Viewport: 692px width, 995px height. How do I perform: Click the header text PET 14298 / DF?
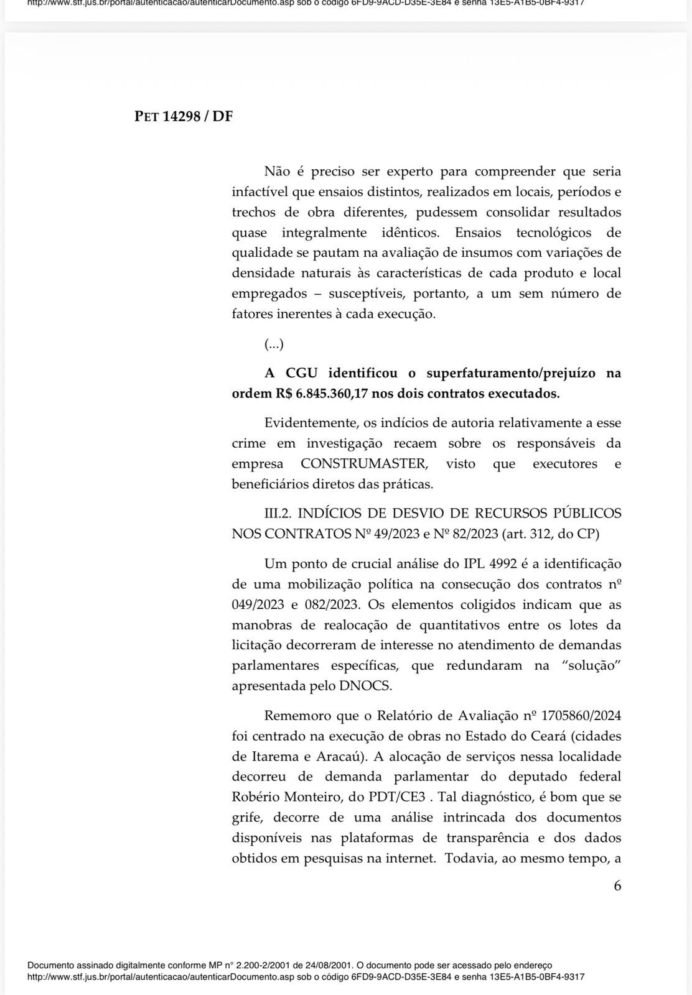tap(184, 116)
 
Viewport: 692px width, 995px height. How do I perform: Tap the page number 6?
tap(617, 886)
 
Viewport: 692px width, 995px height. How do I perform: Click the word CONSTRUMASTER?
tap(364, 464)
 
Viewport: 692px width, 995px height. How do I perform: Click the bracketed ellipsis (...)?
tap(274, 344)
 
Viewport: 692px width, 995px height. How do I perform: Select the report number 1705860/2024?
tap(581, 716)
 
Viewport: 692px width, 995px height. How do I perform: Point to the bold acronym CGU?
tap(301, 373)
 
